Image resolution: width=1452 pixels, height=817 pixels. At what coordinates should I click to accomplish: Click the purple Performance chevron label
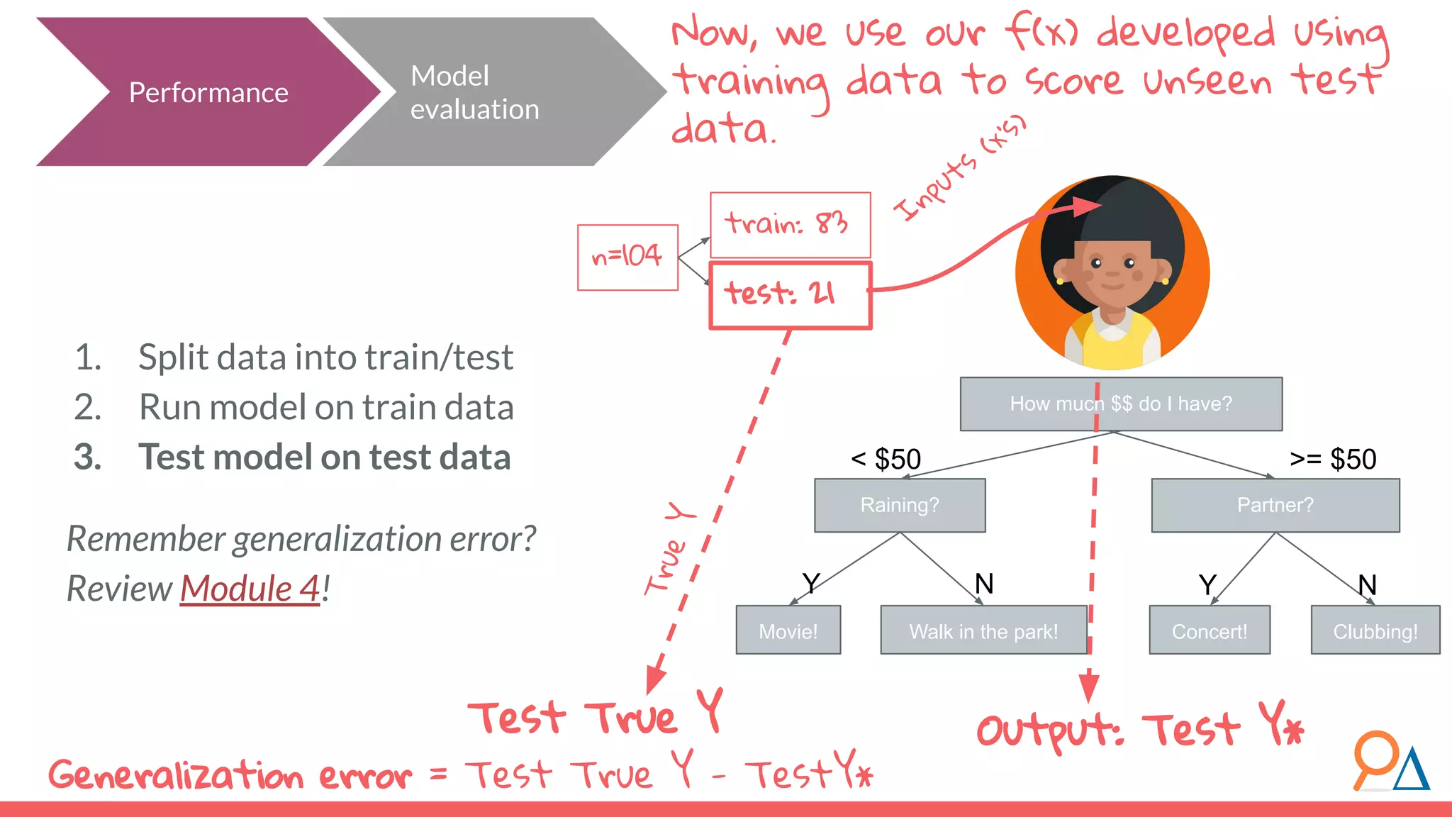pos(208,93)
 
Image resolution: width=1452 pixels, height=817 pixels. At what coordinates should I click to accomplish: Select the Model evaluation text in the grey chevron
pos(474,93)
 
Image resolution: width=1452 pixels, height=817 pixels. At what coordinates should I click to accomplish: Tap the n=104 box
pos(627,257)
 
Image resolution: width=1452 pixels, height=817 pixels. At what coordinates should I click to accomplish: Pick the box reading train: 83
pos(790,224)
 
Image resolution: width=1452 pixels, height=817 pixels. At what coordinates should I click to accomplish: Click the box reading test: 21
pos(790,295)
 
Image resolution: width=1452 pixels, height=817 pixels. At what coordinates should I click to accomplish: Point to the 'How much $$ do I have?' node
pos(1120,404)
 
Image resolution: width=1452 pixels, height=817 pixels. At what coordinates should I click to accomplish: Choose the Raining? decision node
pos(899,505)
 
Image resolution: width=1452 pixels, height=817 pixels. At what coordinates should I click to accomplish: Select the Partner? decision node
pos(1275,505)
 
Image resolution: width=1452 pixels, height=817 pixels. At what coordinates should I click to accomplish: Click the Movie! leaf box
pos(788,630)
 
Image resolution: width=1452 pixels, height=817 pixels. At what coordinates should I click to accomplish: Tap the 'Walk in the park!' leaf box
pos(983,630)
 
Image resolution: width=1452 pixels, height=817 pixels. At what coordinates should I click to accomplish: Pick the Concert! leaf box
pos(1209,630)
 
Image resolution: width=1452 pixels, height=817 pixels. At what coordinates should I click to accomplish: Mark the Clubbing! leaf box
pos(1375,630)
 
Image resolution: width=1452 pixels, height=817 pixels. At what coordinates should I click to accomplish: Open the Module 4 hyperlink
pos(250,589)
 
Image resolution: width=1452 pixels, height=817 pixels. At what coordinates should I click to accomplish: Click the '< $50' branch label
pos(886,460)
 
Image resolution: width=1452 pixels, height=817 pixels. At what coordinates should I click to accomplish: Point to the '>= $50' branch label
pos(1333,460)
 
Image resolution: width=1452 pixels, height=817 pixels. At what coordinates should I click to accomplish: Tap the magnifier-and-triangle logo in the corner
pos(1390,762)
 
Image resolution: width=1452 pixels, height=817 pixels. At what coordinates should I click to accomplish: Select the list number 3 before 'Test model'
pos(87,457)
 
